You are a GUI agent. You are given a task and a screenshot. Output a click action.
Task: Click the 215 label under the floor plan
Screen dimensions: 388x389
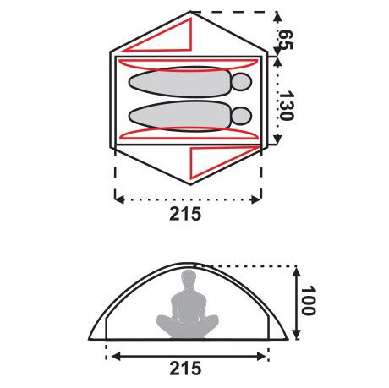click(x=185, y=214)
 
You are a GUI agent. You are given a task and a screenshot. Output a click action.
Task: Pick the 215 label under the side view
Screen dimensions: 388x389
click(x=185, y=369)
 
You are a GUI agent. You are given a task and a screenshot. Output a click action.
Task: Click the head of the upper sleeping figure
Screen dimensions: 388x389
click(x=241, y=83)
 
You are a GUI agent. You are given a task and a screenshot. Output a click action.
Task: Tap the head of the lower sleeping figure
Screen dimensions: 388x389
click(x=241, y=115)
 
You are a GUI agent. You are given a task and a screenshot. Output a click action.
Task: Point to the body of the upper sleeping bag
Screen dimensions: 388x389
click(x=178, y=82)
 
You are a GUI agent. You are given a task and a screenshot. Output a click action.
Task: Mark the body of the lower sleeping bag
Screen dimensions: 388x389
click(x=178, y=115)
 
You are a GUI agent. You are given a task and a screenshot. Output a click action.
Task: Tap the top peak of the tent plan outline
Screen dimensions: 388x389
click(x=192, y=14)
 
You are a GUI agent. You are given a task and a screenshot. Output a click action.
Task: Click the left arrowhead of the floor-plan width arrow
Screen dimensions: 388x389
click(x=118, y=200)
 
